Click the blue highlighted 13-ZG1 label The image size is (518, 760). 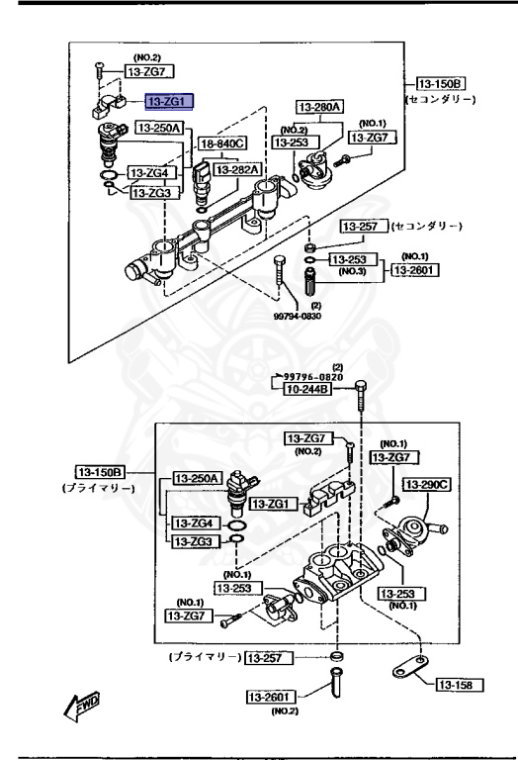pyautogui.click(x=170, y=101)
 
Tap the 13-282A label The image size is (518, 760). pyautogui.click(x=238, y=169)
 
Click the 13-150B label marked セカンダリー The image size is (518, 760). pyautogui.click(x=441, y=83)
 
